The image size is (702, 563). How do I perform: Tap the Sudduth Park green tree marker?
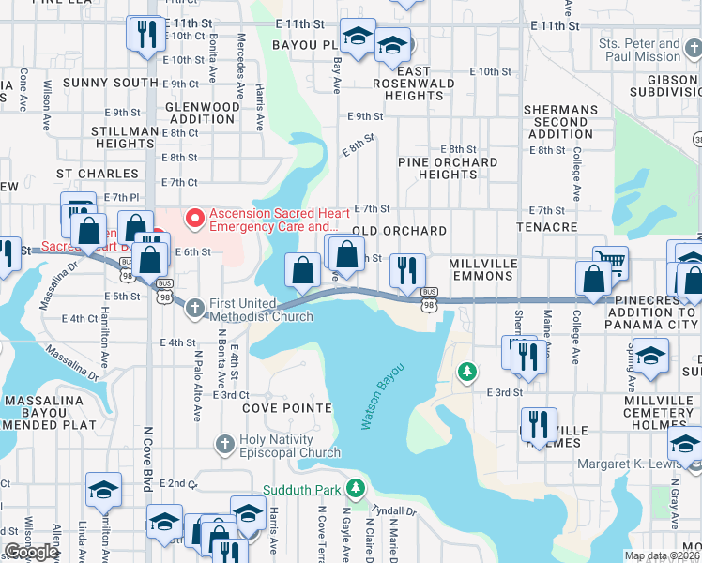click(x=355, y=488)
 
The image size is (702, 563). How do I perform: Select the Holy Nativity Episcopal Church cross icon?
click(x=223, y=443)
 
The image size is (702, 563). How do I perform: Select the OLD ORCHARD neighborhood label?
click(x=399, y=231)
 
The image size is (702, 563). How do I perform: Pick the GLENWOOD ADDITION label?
click(x=203, y=114)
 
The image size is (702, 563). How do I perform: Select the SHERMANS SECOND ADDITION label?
click(x=560, y=122)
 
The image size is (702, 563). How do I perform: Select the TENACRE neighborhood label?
click(x=546, y=228)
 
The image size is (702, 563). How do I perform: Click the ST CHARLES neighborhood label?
click(x=91, y=174)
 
